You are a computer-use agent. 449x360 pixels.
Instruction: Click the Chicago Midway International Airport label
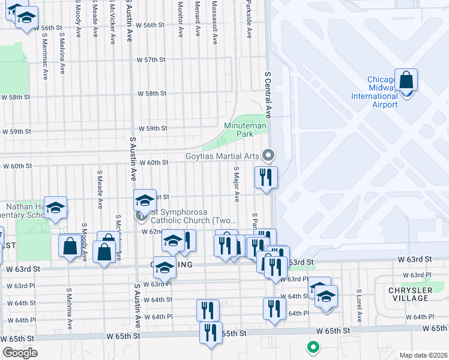(x=382, y=92)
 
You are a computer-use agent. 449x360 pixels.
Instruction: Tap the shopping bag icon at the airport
(x=406, y=80)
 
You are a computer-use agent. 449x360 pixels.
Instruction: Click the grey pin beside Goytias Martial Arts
(x=268, y=155)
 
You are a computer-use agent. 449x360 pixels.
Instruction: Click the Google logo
(x=20, y=353)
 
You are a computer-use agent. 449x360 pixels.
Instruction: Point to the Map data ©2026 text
(x=423, y=355)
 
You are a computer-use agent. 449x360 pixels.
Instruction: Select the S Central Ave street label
(x=268, y=94)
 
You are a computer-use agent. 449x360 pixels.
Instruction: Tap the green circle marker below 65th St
(x=312, y=346)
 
